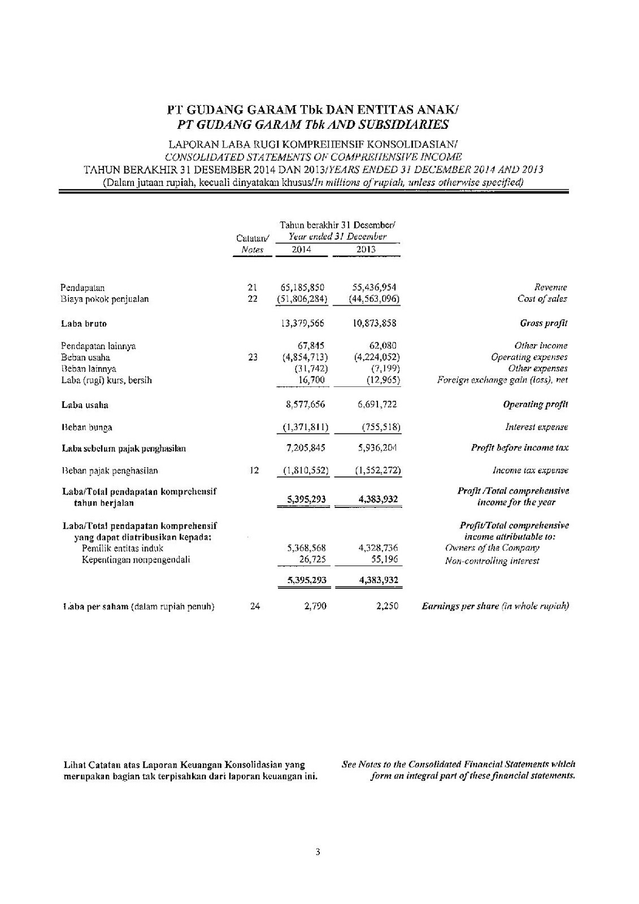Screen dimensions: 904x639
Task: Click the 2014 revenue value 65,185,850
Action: tap(302, 288)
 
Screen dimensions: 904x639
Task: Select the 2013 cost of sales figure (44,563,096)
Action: tap(367, 299)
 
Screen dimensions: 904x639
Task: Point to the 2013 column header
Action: tap(366, 249)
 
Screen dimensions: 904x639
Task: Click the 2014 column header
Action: tap(301, 249)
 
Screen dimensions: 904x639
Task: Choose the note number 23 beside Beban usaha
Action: tap(253, 357)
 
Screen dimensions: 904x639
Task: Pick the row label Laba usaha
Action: tap(85, 405)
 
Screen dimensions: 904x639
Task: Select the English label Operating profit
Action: tap(535, 405)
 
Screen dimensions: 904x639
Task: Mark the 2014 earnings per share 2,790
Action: tap(316, 606)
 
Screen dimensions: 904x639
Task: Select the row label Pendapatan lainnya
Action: tap(98, 346)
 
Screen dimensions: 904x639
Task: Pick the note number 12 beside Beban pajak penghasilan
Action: tap(254, 470)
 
